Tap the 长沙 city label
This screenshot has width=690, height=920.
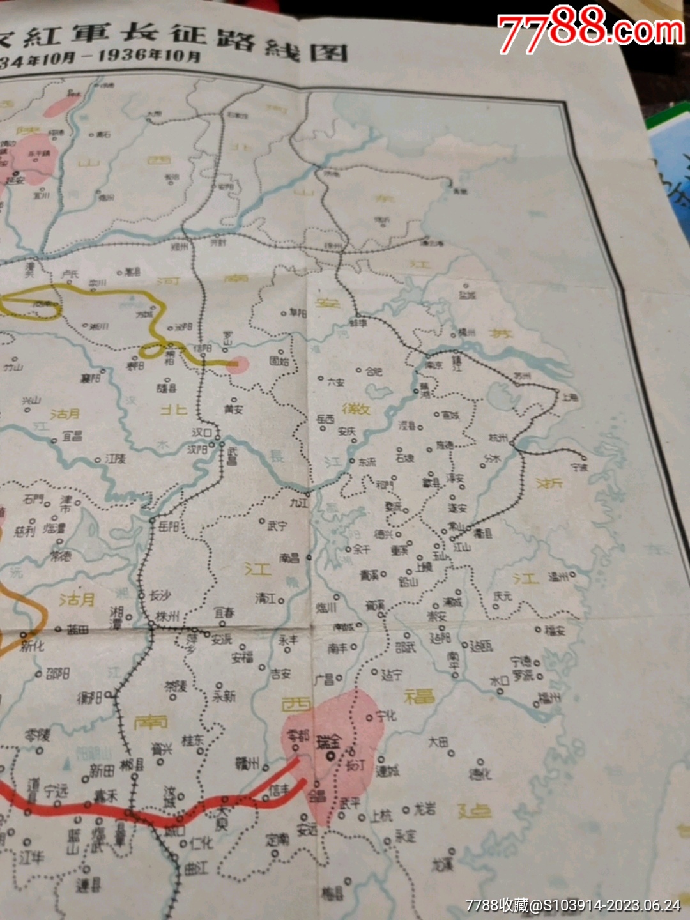click(x=160, y=595)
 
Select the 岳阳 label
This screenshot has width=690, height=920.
click(x=169, y=526)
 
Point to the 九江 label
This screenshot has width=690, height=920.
click(x=299, y=503)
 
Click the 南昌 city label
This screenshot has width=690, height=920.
click(x=289, y=558)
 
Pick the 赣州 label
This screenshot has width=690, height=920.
click(x=247, y=763)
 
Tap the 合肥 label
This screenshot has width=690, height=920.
click(x=374, y=371)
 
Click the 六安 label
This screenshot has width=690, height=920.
click(x=336, y=382)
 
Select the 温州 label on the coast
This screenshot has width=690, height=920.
click(x=559, y=577)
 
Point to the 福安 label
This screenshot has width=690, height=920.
click(x=555, y=631)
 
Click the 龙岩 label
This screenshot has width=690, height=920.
click(x=425, y=809)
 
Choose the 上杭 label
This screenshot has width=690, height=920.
click(x=381, y=815)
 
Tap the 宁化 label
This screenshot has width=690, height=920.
click(x=386, y=716)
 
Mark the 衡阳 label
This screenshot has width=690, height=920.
click(x=90, y=698)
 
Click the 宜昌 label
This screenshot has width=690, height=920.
click(x=72, y=436)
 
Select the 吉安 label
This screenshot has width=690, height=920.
click(x=280, y=673)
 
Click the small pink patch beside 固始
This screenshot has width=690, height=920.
click(x=238, y=365)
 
